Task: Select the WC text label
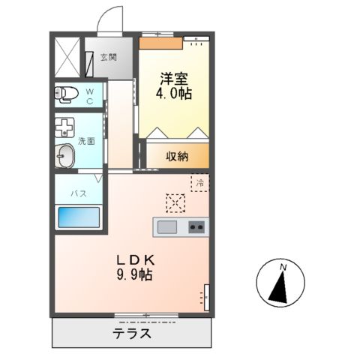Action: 89,95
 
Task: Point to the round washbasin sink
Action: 65,157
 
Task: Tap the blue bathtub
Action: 79,217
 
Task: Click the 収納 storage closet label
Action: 178,156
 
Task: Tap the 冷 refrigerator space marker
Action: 200,183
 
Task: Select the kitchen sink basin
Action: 166,226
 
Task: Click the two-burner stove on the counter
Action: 196,226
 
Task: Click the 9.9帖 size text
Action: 135,276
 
